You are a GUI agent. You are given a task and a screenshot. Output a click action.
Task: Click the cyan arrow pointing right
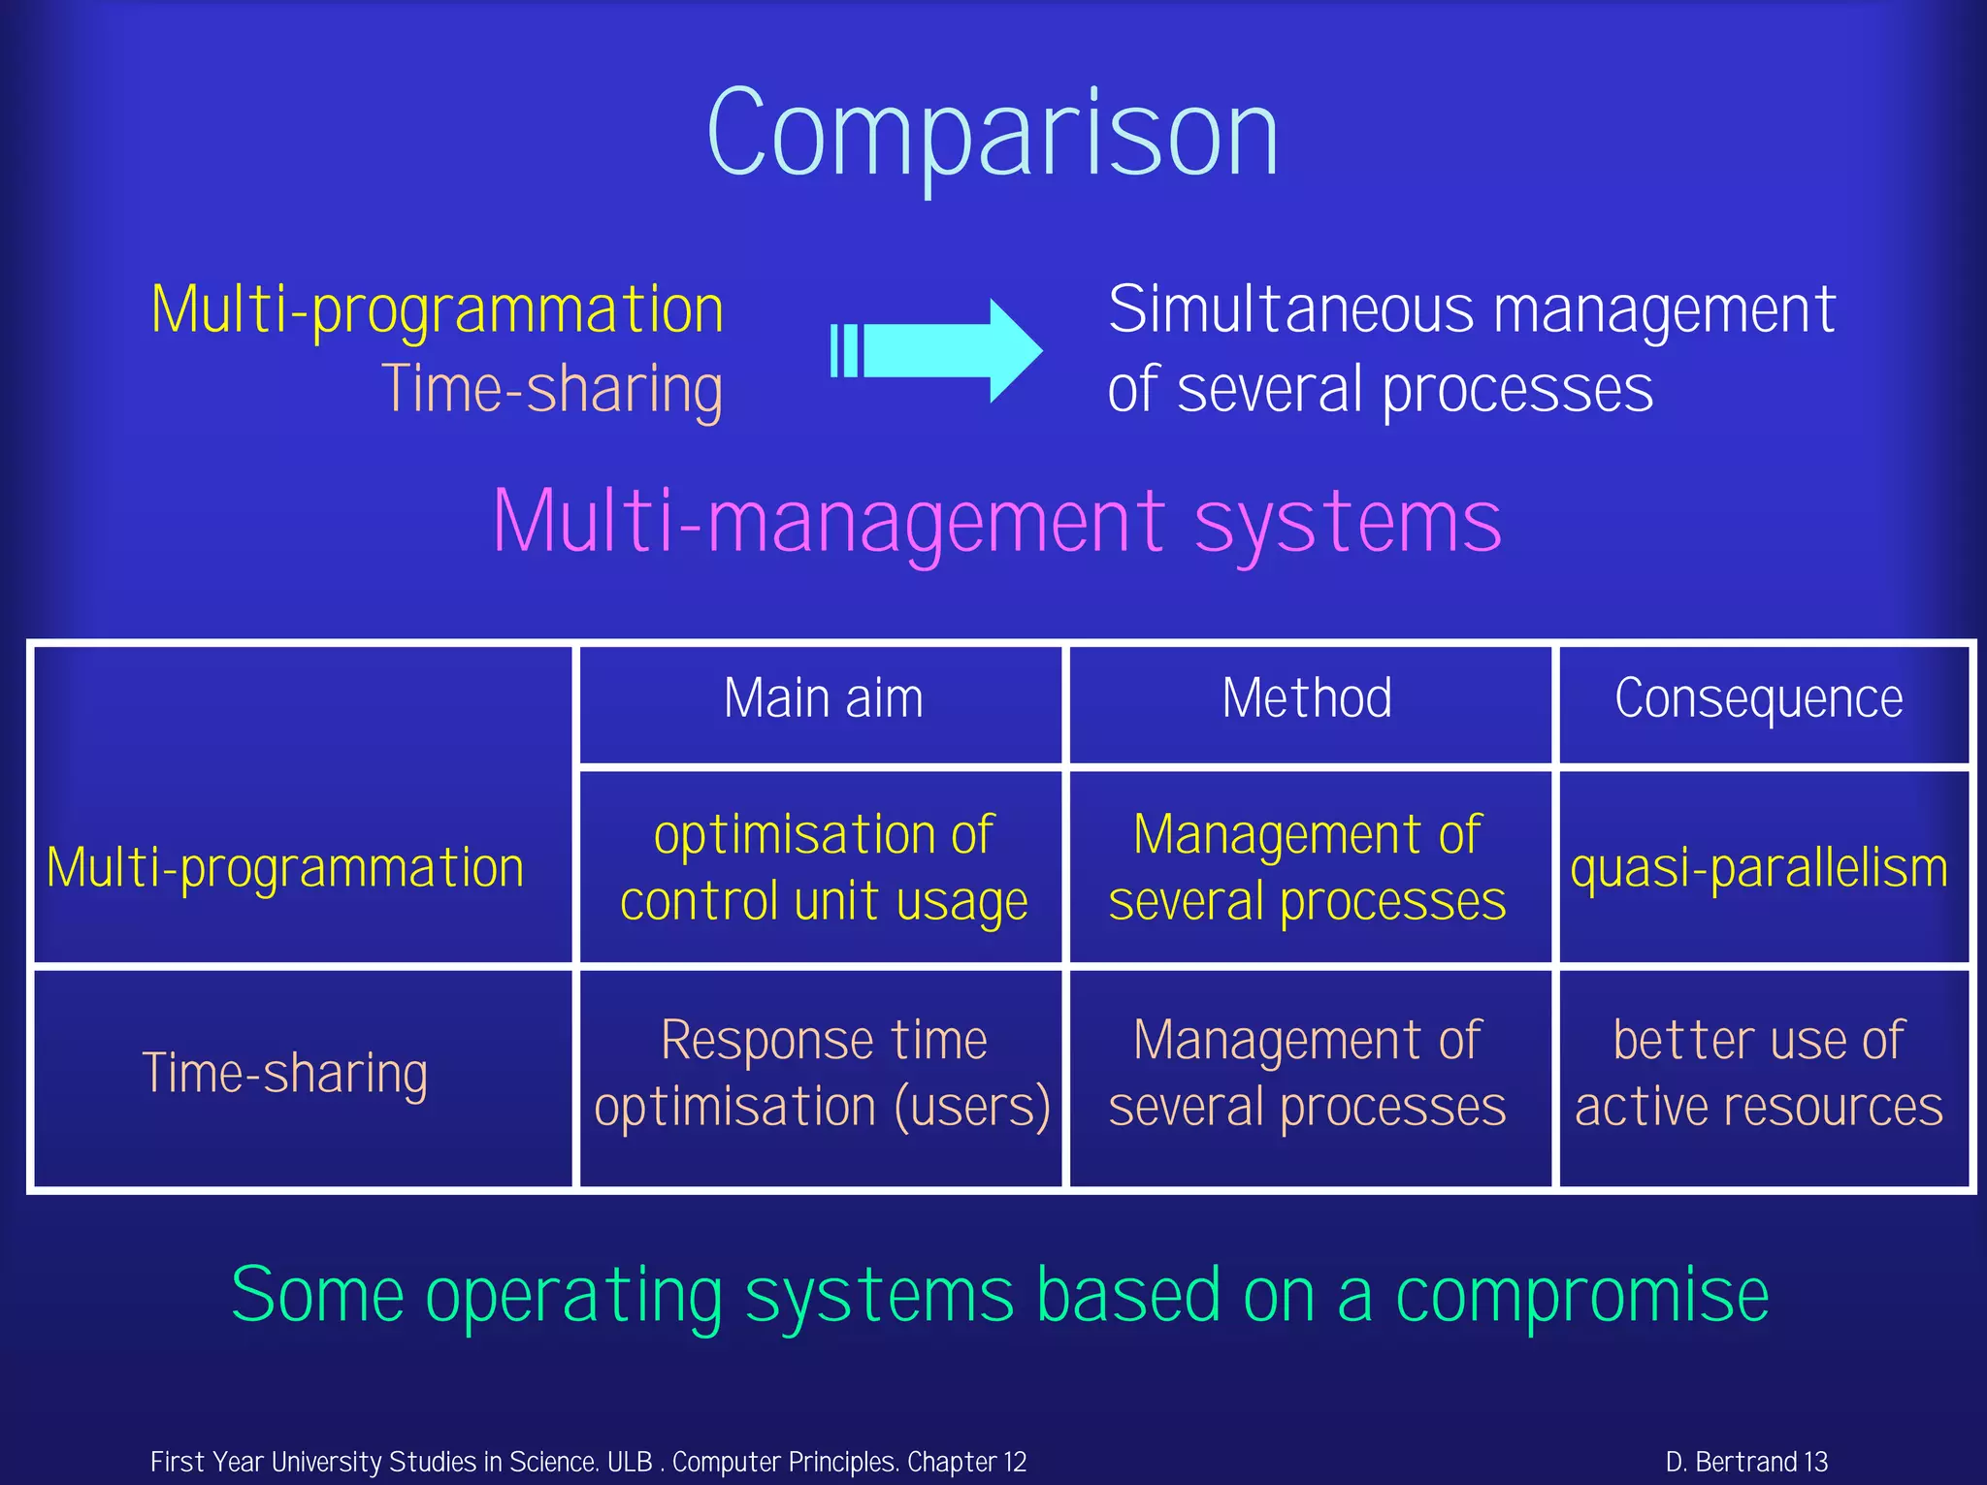click(937, 350)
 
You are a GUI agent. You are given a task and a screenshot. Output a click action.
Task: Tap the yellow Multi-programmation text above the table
click(438, 310)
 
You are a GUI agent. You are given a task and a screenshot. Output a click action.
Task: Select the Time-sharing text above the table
click(551, 389)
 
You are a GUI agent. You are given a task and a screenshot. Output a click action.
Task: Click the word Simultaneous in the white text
click(1290, 310)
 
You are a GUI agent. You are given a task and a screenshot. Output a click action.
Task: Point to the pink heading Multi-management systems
click(996, 522)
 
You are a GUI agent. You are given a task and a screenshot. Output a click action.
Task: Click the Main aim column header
click(823, 698)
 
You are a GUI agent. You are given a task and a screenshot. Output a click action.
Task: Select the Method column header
click(1307, 698)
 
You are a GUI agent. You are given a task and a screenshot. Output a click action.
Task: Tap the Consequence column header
click(1758, 698)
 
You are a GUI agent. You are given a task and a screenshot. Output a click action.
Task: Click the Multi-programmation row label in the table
click(285, 867)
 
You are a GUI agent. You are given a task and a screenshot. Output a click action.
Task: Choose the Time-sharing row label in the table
click(285, 1073)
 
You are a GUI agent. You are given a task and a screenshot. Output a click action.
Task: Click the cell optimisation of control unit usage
click(823, 867)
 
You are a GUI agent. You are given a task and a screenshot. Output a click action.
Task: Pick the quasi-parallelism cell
click(1758, 867)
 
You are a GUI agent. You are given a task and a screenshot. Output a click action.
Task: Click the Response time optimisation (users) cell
click(823, 1073)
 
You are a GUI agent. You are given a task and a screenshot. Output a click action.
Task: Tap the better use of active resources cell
click(1758, 1073)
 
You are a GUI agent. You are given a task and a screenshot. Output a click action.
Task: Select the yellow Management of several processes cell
click(1307, 867)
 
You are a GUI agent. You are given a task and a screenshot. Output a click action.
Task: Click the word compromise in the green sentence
click(1581, 1296)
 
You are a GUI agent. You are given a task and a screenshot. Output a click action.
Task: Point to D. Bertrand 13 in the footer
click(1746, 1462)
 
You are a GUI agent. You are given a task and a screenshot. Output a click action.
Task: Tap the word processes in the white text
click(1517, 391)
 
